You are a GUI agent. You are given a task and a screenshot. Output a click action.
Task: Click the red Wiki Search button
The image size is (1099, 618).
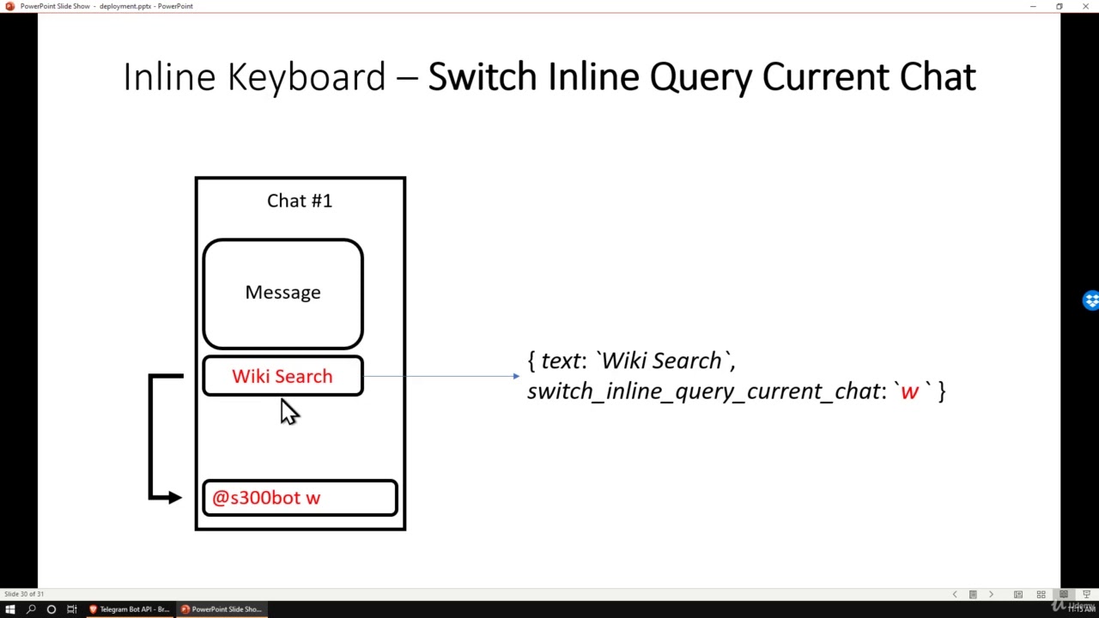282,377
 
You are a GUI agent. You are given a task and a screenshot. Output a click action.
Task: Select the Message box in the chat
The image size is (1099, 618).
282,293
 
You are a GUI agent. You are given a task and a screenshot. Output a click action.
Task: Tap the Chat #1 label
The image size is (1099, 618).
299,201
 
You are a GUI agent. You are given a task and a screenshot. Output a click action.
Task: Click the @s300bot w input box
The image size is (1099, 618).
300,498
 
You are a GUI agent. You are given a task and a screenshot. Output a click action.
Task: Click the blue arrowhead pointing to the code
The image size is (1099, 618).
516,376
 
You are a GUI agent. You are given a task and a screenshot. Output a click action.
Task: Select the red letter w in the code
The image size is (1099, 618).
909,391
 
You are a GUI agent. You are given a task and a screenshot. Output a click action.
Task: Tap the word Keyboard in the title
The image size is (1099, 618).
306,77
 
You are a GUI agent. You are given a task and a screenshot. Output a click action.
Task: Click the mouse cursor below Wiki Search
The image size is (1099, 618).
288,412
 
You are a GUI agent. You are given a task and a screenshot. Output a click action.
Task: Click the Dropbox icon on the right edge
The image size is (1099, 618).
1090,300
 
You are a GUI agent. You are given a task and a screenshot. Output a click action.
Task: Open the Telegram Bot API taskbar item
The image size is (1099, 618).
130,609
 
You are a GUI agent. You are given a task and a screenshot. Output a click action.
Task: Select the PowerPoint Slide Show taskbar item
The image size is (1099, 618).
222,609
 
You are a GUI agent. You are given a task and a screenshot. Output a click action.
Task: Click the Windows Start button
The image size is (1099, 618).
10,609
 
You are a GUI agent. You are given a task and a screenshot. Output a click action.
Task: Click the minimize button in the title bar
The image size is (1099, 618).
1033,6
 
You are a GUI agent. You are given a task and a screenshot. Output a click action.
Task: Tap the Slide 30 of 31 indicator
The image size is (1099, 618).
24,594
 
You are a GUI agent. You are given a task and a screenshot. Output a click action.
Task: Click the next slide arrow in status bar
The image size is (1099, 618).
991,594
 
